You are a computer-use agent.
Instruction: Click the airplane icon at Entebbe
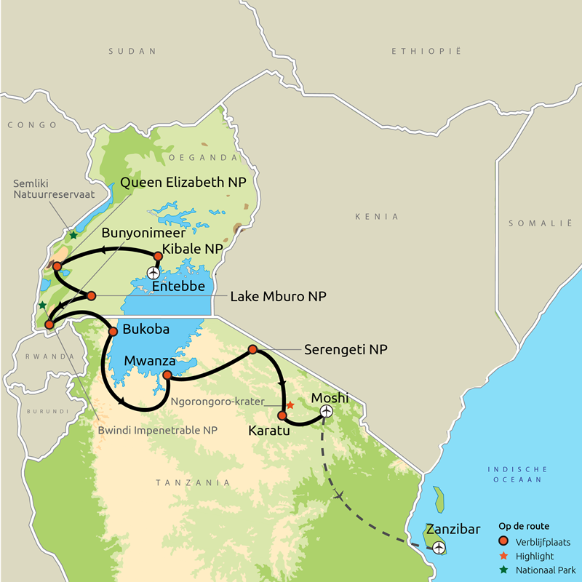coord(153,273)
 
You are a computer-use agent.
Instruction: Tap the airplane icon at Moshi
coord(326,412)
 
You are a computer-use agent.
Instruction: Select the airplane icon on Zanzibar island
coord(439,548)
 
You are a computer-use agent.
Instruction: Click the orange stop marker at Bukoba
coord(113,332)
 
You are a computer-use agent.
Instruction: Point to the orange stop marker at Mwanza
coord(167,375)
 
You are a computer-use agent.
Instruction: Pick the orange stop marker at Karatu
coord(282,415)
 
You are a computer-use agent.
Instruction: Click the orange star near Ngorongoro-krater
coord(290,404)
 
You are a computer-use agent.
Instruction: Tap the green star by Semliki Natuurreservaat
coord(73,235)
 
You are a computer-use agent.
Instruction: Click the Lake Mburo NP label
coord(278,297)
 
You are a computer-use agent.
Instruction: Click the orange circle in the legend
coord(503,541)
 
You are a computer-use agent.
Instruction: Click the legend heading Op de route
coord(524,526)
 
